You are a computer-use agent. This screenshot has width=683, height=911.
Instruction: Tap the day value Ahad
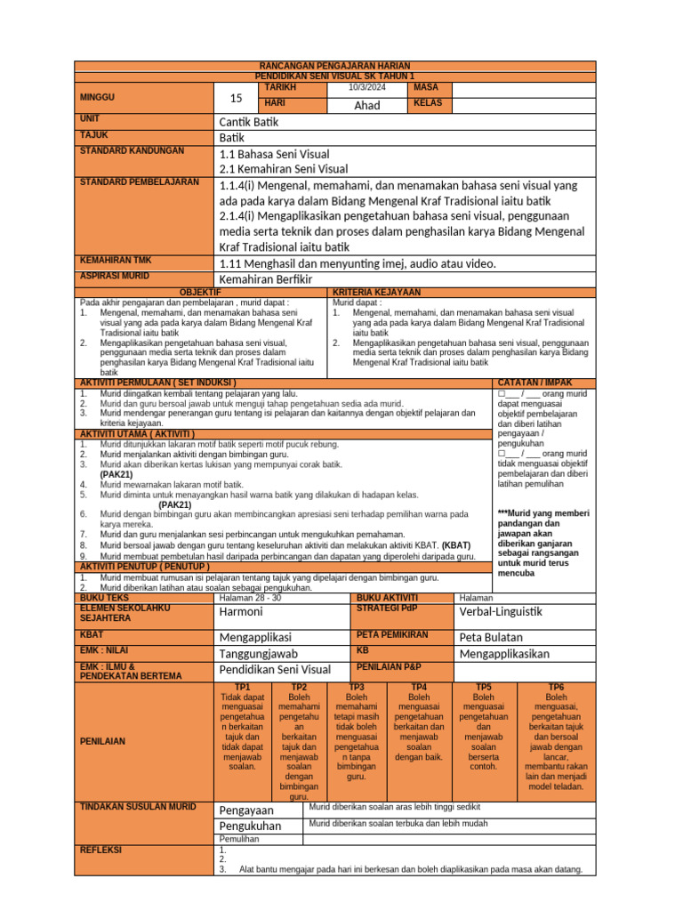coord(366,105)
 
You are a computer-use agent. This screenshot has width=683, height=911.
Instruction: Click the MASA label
coord(422,88)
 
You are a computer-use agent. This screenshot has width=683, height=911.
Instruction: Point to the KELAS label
coord(427,104)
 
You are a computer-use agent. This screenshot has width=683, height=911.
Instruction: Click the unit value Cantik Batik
coord(252,122)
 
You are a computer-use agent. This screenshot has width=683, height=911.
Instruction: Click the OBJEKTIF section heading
coord(201,292)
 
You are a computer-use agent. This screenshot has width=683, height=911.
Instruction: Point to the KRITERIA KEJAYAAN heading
coord(376,292)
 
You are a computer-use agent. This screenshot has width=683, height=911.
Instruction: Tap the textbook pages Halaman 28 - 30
coord(250,598)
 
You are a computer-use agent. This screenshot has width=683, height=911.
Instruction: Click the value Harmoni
coord(241,612)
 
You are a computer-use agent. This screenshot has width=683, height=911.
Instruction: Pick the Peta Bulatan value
coord(491,637)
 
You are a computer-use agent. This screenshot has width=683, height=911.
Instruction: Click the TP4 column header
coord(419,687)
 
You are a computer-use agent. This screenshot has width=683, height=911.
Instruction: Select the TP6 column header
coord(556,687)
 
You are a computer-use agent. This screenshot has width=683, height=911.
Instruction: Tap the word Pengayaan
coord(246,810)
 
